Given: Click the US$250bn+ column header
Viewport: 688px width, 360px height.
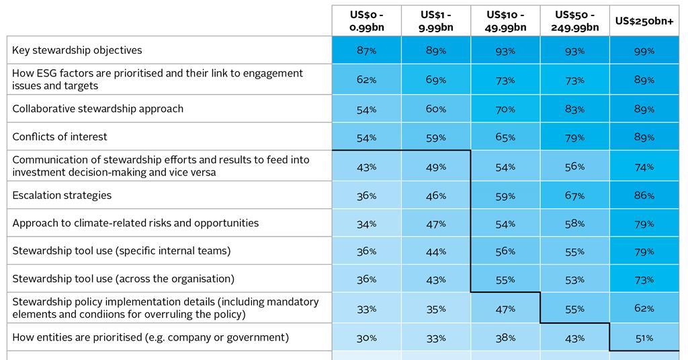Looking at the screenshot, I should (x=644, y=21).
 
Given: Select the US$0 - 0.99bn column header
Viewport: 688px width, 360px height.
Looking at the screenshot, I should (x=366, y=21).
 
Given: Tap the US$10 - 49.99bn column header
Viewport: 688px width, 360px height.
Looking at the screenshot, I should (x=505, y=21).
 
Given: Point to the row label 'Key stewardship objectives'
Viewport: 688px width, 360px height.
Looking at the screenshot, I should (x=77, y=50).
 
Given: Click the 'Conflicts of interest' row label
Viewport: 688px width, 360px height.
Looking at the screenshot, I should (x=59, y=137).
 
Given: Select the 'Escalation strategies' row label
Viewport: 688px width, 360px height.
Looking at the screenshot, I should (x=62, y=195).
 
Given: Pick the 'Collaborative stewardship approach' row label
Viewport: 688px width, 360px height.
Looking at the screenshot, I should (x=97, y=109).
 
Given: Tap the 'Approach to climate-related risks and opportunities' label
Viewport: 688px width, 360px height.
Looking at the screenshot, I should (x=135, y=223).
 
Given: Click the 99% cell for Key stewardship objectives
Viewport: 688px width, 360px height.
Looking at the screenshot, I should (x=644, y=51).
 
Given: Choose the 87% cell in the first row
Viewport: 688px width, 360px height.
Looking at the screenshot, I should (x=366, y=51).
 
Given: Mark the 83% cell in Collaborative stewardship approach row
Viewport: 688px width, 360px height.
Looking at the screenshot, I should (x=574, y=109).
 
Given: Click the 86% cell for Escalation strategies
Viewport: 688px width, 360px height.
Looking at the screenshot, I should (x=644, y=196).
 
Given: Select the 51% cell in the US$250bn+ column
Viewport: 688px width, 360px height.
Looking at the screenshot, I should (x=644, y=338).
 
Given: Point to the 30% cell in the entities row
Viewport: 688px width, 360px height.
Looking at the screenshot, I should (x=366, y=338).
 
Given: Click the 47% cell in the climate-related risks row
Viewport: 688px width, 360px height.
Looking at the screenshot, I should (x=436, y=224).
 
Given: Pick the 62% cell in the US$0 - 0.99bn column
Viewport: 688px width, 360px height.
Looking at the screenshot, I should (x=366, y=80).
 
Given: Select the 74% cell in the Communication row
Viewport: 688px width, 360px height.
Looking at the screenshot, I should (x=644, y=167).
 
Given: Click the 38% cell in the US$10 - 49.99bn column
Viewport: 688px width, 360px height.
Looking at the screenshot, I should (x=505, y=338).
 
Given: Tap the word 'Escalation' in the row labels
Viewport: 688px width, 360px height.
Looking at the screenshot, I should (x=38, y=195).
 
